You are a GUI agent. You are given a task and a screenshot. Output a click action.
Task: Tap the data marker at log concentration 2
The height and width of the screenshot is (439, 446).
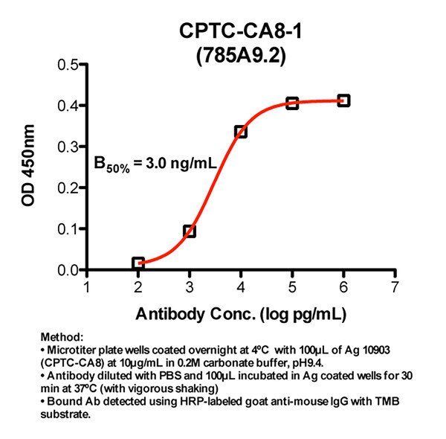(138, 263)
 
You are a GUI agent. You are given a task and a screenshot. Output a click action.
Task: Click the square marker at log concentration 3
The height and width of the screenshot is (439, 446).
(190, 231)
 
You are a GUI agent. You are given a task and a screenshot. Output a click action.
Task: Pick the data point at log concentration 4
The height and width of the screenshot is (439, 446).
(241, 132)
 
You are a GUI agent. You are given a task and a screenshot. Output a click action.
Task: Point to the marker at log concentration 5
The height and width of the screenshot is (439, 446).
(292, 103)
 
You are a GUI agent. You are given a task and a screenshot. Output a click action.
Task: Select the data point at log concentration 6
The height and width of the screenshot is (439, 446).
(343, 100)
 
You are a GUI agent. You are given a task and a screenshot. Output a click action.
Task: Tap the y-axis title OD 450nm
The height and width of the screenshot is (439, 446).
(28, 168)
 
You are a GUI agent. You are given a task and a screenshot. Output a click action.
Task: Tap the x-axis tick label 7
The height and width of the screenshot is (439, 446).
(395, 287)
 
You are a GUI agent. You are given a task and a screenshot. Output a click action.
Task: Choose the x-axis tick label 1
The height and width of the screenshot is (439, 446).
(87, 287)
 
